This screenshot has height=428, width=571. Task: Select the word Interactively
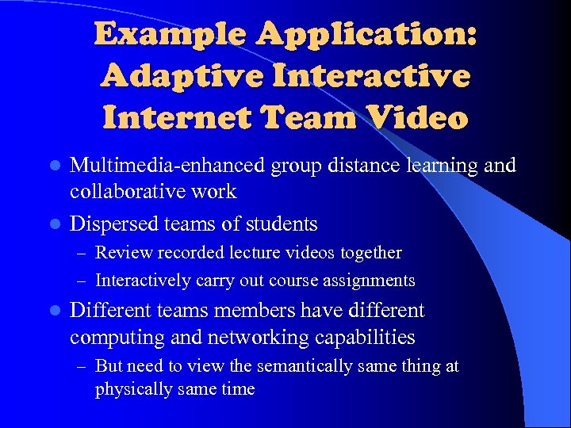tap(143, 280)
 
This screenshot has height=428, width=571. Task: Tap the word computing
tap(116, 338)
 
